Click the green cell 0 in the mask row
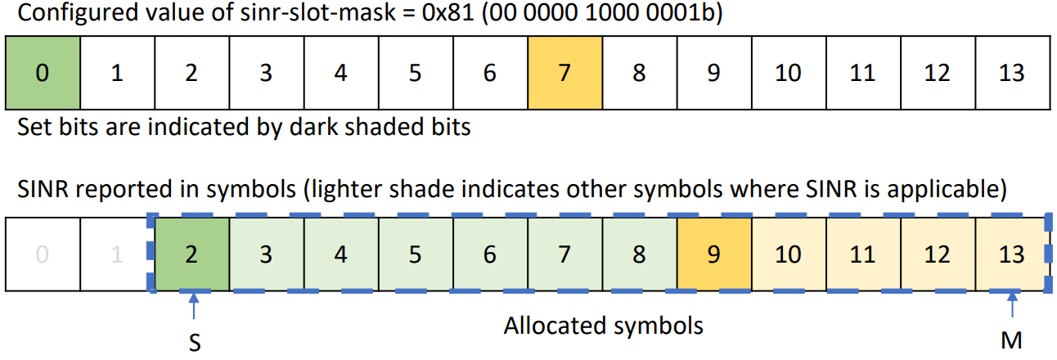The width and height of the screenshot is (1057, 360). click(42, 73)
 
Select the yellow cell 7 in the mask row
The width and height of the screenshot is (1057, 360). click(564, 73)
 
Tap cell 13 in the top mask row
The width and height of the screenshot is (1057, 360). click(1012, 73)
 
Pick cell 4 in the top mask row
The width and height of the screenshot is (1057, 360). click(340, 73)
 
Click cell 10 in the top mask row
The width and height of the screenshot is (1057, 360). click(788, 73)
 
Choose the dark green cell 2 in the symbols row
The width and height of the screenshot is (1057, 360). click(191, 254)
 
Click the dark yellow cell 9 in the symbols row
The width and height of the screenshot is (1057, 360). click(714, 254)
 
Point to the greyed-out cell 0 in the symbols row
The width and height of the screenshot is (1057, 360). click(42, 254)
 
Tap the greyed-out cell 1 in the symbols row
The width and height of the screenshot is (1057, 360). click(116, 254)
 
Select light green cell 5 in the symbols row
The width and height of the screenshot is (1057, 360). click(415, 254)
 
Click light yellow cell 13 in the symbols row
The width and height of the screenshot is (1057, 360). click(1012, 254)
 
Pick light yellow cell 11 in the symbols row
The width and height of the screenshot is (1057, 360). click(862, 254)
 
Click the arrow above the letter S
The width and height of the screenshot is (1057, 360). click(193, 307)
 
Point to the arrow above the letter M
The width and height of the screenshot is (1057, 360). click(1013, 307)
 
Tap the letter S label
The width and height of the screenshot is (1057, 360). click(194, 342)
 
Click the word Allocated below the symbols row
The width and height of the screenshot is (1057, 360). click(553, 326)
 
